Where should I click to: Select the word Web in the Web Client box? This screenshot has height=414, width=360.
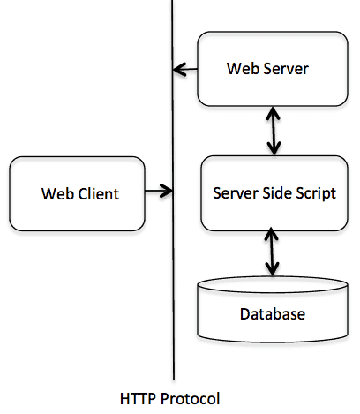click(x=56, y=192)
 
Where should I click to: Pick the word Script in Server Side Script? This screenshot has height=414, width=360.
click(x=314, y=192)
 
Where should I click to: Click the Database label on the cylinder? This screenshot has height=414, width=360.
click(x=272, y=314)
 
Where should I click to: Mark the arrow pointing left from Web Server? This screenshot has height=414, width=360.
click(x=185, y=67)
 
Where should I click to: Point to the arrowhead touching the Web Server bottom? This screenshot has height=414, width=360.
click(x=273, y=113)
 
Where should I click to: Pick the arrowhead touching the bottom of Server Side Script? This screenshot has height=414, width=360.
click(x=273, y=235)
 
